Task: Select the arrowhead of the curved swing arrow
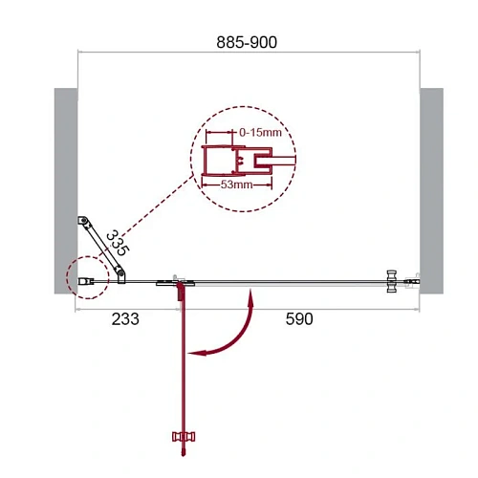(x=194, y=353)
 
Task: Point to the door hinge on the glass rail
(x=178, y=282)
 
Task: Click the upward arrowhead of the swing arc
(x=250, y=298)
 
